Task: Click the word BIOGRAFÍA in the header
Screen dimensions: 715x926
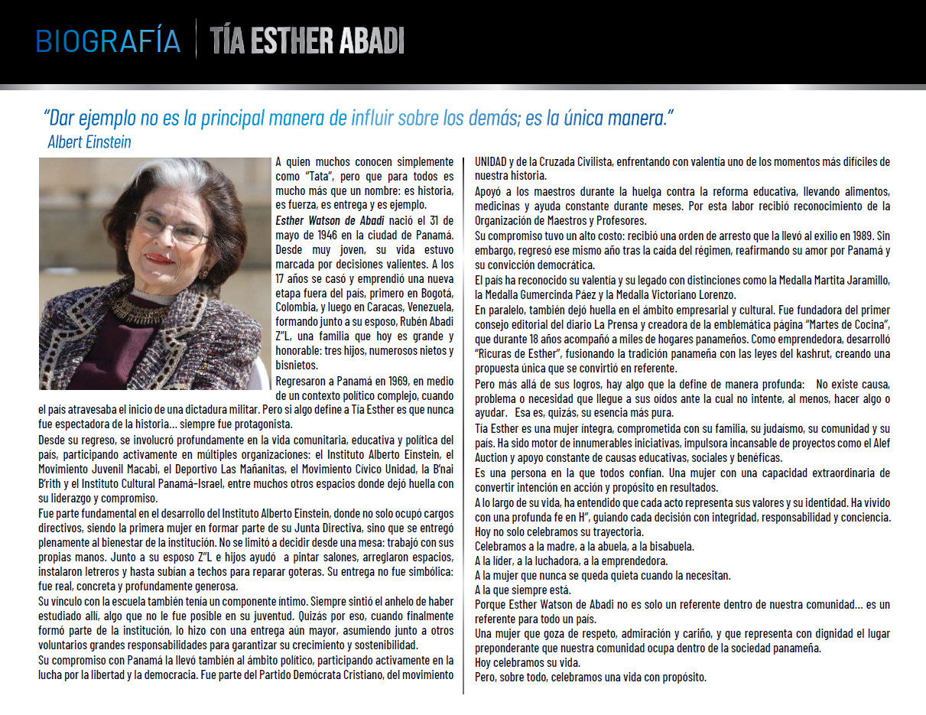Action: (x=108, y=41)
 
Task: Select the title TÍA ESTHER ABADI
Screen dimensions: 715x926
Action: (x=307, y=41)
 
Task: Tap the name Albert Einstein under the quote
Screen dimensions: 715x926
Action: (x=89, y=142)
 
